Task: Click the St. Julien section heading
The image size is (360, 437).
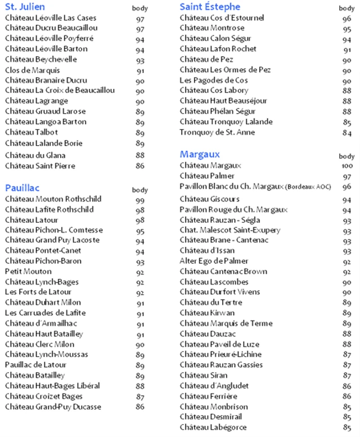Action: pos(25,7)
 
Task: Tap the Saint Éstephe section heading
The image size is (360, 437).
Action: pos(210,7)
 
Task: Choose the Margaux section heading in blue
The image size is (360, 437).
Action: pos(200,154)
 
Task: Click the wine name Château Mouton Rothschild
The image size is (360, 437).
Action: pos(53,199)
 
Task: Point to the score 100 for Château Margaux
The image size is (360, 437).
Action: pos(346,166)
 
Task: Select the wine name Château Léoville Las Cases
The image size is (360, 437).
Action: pos(51,18)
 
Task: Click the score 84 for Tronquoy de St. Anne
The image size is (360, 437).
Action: pos(346,133)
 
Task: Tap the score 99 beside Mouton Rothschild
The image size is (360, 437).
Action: pos(139,200)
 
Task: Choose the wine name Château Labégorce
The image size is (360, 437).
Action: pos(213,427)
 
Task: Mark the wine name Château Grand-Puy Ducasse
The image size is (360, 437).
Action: pos(53,407)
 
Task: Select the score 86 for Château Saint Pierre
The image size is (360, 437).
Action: pos(139,166)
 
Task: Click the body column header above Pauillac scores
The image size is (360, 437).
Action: pos(139,190)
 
